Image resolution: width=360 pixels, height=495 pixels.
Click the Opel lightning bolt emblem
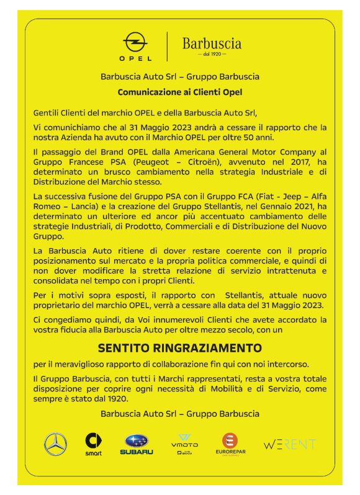click(135, 43)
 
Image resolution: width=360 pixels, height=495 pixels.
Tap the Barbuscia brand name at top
click(212, 43)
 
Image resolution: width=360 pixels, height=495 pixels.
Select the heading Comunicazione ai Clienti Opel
click(179, 92)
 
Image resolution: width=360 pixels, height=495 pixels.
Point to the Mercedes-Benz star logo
click(55, 444)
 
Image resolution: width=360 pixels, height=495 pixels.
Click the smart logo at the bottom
click(93, 444)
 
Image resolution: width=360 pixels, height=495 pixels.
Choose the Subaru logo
click(137, 444)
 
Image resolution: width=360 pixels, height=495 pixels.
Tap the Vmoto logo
click(185, 444)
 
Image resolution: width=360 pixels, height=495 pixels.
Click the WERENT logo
click(290, 444)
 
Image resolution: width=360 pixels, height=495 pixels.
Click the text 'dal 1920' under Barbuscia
click(211, 55)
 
